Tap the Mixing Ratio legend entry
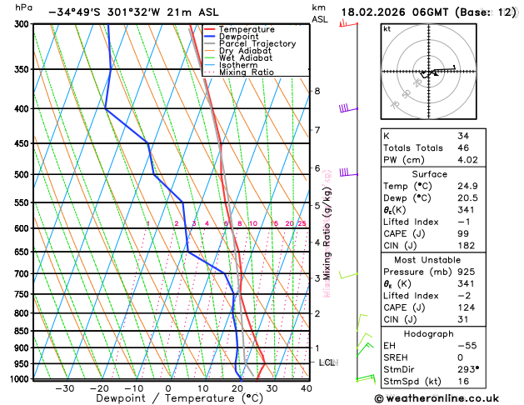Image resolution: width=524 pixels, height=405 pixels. tap(247, 72)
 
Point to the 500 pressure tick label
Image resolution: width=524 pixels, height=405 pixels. tap(22, 175)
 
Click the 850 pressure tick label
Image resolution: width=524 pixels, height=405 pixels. tap(22, 332)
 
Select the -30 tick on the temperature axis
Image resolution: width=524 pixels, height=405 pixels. tap(64, 388)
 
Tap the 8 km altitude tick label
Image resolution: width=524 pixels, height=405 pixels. tap(317, 91)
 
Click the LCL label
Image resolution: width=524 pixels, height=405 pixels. tap(327, 362)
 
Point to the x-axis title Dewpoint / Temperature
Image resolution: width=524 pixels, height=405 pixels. tap(167, 399)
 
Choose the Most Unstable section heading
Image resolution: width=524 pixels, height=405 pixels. tap(447, 260)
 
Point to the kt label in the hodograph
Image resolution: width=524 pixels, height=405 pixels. tap(387, 29)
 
